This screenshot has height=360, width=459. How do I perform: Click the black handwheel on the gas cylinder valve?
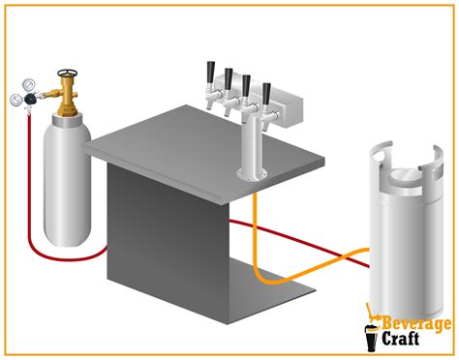pos(68,73)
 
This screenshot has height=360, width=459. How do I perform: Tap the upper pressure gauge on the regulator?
pos(28,84)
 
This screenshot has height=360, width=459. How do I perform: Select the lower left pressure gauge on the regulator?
pos(15,100)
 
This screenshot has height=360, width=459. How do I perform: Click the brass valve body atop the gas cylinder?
pos(67,96)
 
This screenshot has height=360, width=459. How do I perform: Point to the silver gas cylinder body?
pos(67,181)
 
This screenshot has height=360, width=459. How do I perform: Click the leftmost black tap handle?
pos(211,71)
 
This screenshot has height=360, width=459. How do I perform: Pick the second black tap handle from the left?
pos(229,78)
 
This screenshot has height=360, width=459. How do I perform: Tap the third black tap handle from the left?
pos(247,85)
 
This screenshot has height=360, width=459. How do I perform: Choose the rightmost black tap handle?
pos(266,94)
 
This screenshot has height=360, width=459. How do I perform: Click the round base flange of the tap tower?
pos(252,174)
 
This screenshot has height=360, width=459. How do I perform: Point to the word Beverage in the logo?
pos(416,323)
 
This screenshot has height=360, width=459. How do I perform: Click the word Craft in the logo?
pos(400,339)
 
